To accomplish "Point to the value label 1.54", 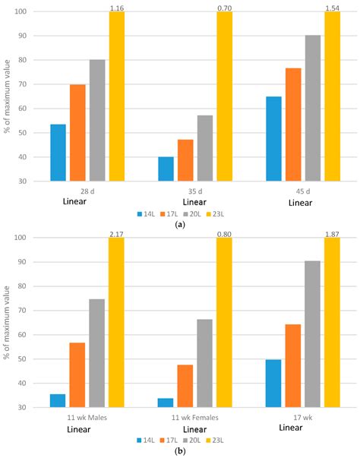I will pyautogui.click(x=333, y=8).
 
